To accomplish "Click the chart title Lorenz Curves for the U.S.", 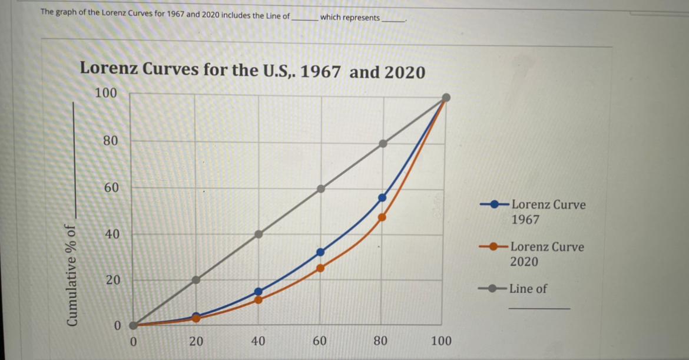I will (252, 72).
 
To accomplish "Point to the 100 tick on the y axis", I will (106, 94).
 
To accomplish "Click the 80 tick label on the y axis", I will (110, 141).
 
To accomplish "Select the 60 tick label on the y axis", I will (110, 188).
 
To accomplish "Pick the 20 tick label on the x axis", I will (196, 341).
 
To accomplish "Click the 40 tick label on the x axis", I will (258, 341).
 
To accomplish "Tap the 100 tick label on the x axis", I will (442, 341).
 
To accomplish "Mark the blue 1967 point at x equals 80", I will (382, 197).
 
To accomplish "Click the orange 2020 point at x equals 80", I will (382, 217).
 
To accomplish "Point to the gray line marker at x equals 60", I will (320, 189).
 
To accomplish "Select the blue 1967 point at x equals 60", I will (320, 252).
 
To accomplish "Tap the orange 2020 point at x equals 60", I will (320, 267).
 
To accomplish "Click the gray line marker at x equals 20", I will (196, 280).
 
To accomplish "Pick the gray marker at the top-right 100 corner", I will (446, 97).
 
